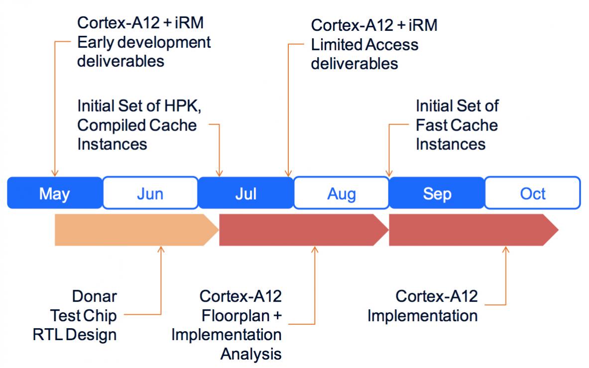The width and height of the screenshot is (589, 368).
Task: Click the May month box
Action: [55, 193]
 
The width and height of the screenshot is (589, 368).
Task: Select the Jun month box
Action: [150, 193]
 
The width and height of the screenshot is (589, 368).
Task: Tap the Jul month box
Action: [245, 193]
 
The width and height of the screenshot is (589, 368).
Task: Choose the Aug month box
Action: [341, 193]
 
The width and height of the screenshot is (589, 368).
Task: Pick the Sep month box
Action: [437, 193]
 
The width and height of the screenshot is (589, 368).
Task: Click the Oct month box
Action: [533, 193]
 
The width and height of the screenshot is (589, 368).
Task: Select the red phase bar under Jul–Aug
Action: [304, 230]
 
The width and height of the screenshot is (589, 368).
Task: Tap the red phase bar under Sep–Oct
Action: [473, 230]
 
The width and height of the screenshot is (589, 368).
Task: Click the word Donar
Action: [94, 296]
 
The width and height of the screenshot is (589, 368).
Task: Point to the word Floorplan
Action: [236, 316]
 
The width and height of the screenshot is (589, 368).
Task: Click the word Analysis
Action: [251, 354]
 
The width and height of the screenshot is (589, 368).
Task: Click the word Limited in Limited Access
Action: [337, 45]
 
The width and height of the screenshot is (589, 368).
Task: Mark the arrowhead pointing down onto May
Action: [55, 173]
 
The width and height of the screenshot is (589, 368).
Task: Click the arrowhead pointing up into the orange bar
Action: [161, 249]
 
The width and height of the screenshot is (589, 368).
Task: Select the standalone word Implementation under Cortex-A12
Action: [423, 316]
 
